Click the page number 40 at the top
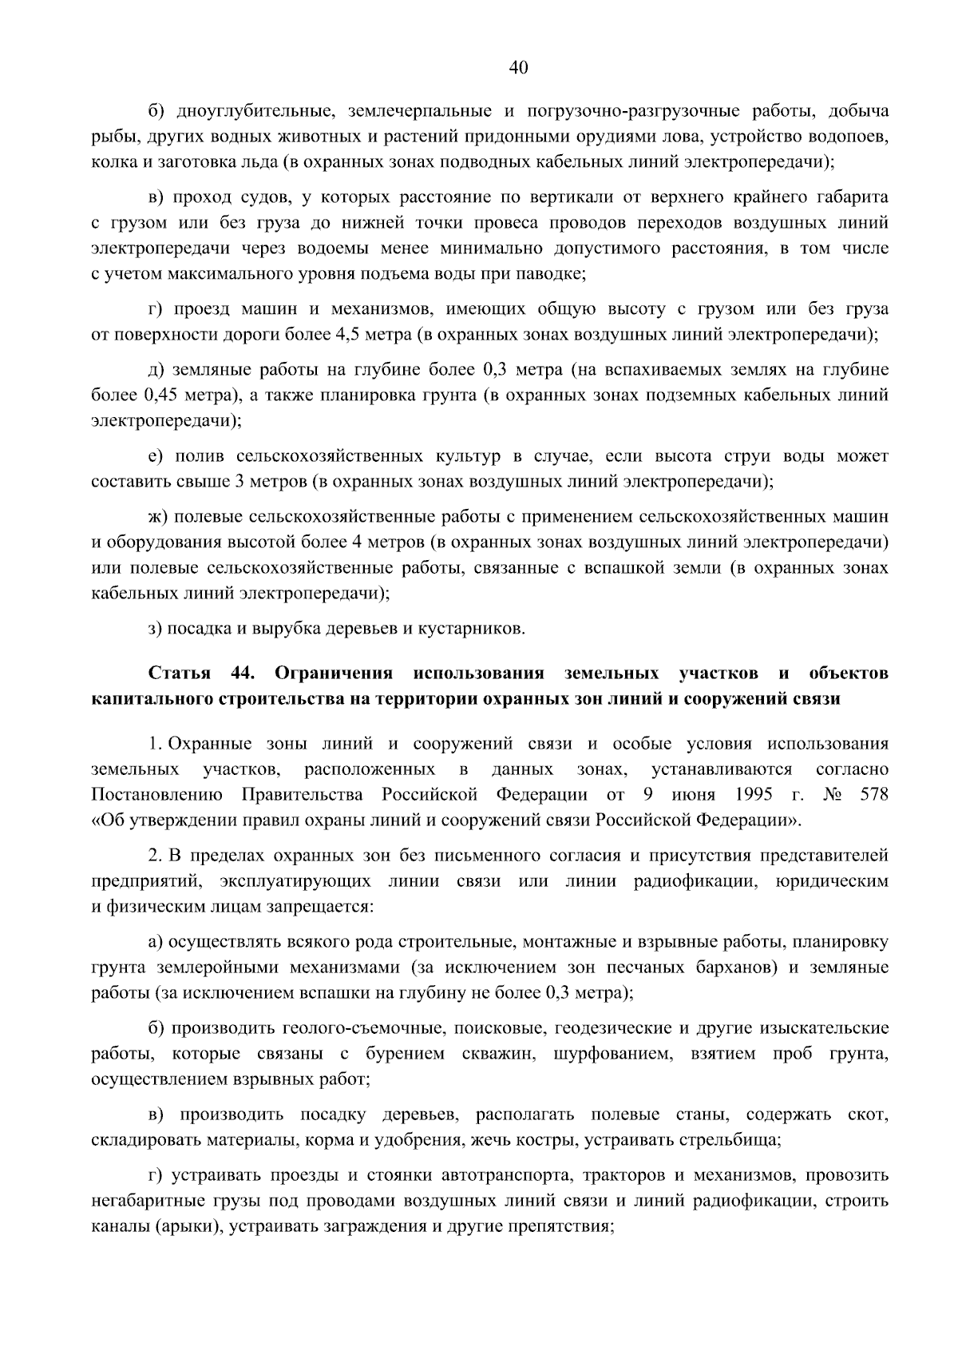pos(518,68)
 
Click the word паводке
pos(551,274)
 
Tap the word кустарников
pos(474,629)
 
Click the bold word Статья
pos(180,674)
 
